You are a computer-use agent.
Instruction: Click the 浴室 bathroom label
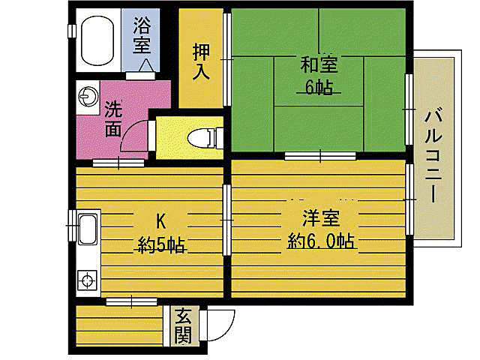142,35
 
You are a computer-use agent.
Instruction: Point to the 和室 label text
319,63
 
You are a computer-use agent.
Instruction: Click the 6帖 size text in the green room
319,87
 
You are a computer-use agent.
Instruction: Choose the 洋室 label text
322,220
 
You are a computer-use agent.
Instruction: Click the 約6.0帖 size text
322,241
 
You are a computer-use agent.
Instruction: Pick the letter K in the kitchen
160,220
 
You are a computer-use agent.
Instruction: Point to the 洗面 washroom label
113,118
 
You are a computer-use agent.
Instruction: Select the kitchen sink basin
88,228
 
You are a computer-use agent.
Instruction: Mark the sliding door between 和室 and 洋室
319,156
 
